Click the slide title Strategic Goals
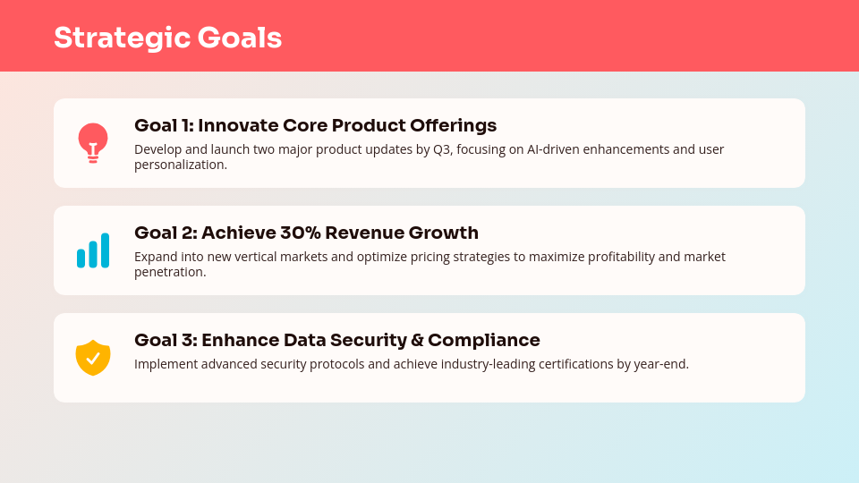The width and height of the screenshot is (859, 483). [x=167, y=38]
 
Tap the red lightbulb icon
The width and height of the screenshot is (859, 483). [x=93, y=143]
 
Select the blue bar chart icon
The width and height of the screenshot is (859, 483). [x=93, y=250]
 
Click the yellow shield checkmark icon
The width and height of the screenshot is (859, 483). [x=93, y=358]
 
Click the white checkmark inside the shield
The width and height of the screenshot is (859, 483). [x=93, y=358]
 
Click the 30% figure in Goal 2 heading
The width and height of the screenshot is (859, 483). [x=301, y=233]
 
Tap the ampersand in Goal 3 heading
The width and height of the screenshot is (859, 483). [x=418, y=340]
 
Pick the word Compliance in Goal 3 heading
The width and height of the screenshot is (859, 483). [x=484, y=341]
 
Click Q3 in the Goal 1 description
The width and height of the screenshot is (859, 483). [x=441, y=149]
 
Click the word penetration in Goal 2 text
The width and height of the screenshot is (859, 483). [x=170, y=272]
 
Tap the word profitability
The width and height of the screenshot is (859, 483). [x=621, y=257]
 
